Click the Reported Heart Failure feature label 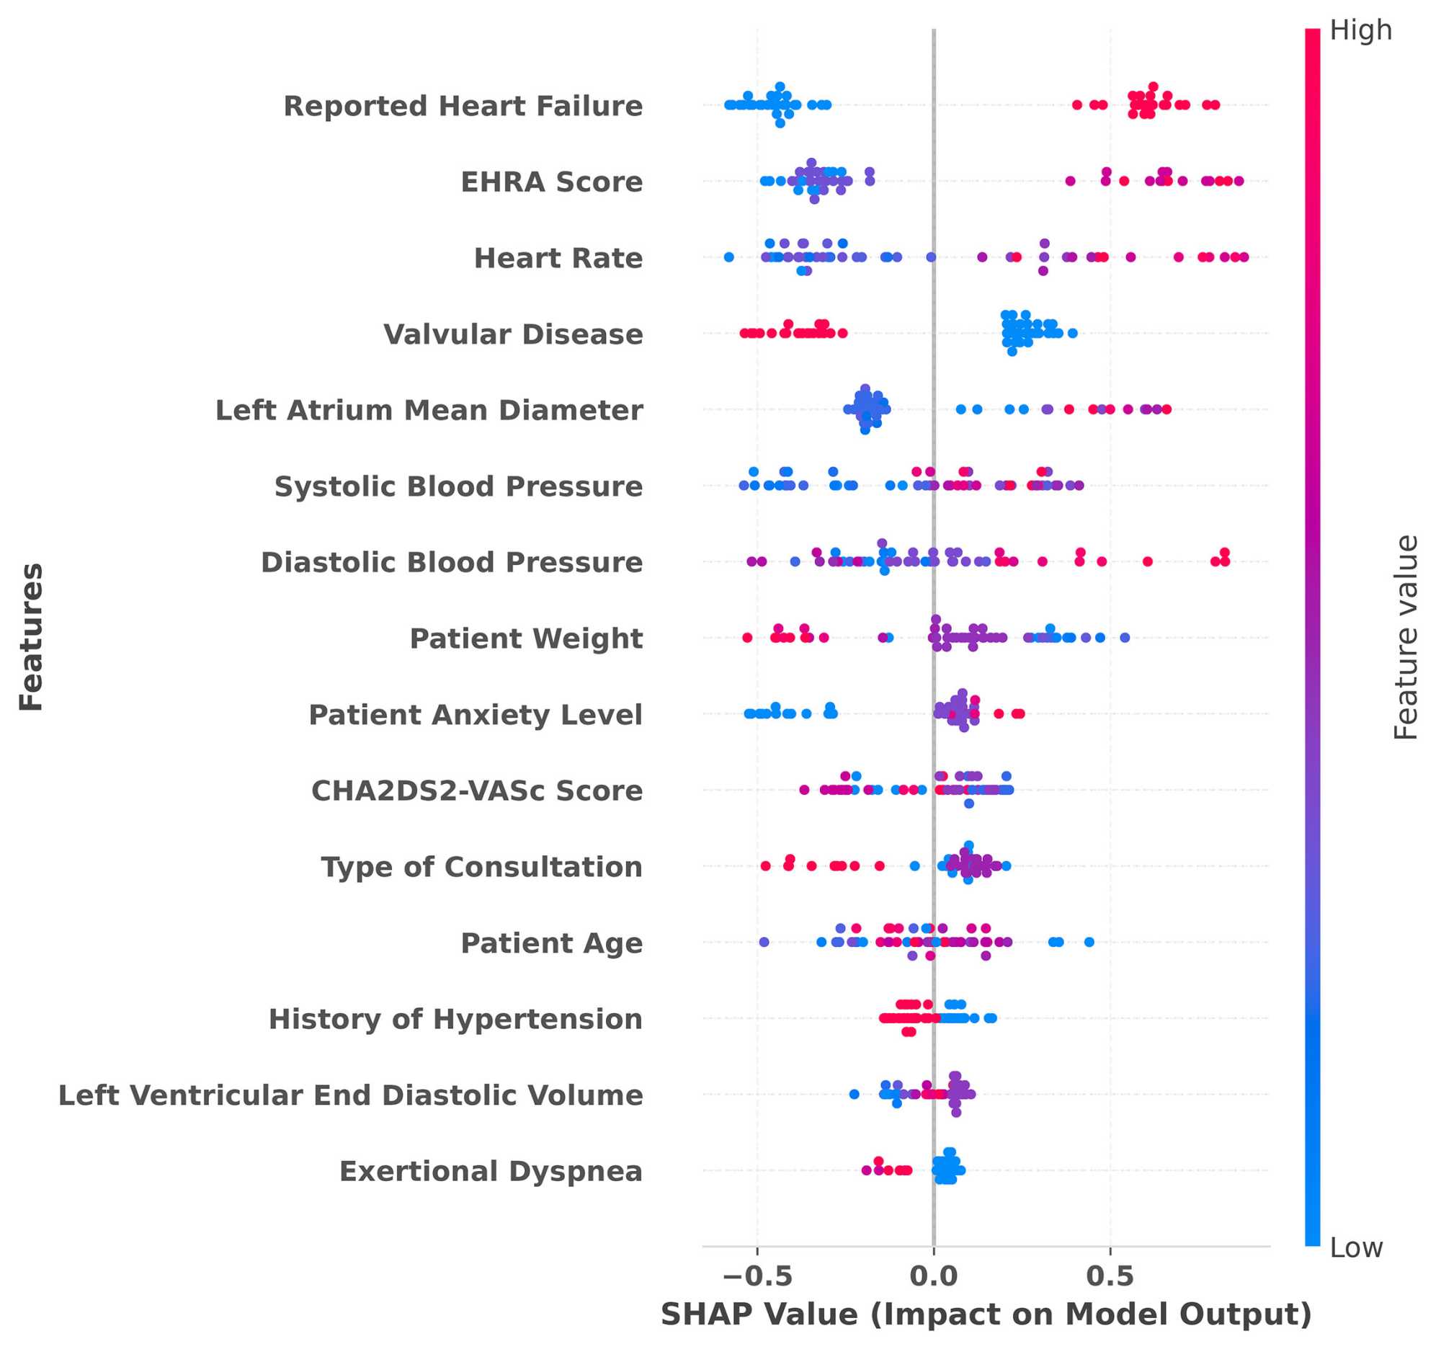click(463, 106)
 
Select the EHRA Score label click(552, 182)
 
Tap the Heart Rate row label click(558, 258)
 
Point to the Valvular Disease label click(513, 334)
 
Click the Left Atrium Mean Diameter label click(429, 410)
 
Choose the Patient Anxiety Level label click(476, 715)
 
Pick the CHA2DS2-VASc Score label click(477, 791)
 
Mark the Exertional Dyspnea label click(491, 1172)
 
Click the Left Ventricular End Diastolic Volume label click(351, 1095)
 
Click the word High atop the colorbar click(1360, 30)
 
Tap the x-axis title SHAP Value click(986, 1315)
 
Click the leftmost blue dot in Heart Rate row click(729, 257)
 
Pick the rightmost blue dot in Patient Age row click(1089, 943)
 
